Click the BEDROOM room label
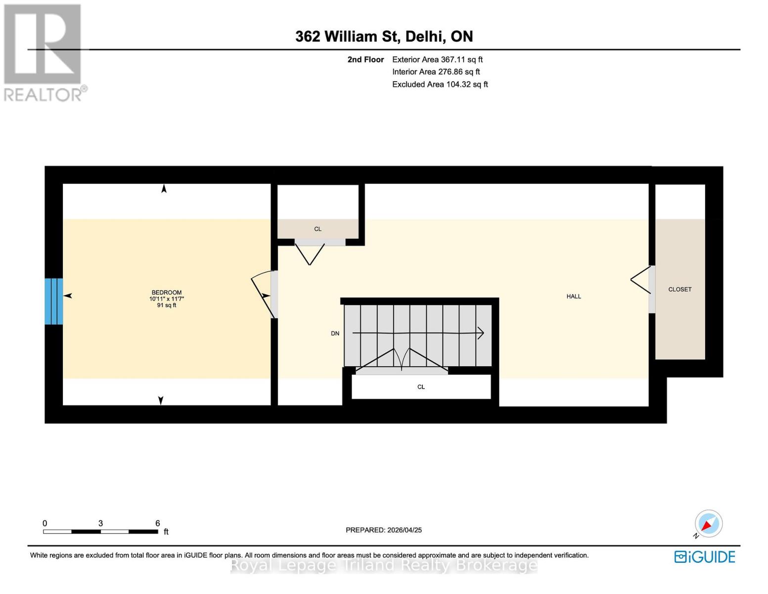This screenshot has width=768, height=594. (166, 293)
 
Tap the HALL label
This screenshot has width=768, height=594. (574, 297)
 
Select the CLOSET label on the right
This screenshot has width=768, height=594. (679, 290)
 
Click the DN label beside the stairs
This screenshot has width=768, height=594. (335, 334)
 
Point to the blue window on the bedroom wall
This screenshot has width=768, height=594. (53, 301)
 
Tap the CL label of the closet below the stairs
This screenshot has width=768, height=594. (421, 387)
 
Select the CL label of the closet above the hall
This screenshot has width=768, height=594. (317, 229)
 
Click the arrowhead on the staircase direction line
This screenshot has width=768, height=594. (480, 333)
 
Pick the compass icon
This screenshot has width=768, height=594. (708, 524)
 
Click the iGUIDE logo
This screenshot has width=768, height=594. (705, 557)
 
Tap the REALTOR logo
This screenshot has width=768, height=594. (44, 52)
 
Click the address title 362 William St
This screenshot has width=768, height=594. (384, 37)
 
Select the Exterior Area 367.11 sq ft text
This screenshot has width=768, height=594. (437, 59)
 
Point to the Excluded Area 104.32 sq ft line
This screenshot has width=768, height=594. (440, 85)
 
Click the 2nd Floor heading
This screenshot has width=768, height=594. (365, 59)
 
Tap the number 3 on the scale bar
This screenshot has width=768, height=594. (100, 523)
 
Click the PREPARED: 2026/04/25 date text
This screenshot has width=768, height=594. (383, 530)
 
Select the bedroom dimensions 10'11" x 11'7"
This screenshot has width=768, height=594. (167, 299)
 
